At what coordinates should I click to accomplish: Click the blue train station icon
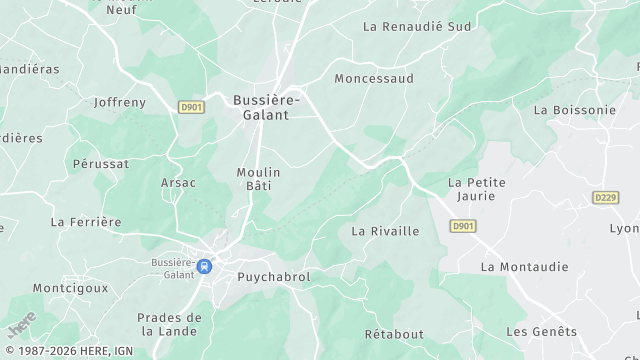tap(205, 266)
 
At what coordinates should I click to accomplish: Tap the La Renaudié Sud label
tap(417, 26)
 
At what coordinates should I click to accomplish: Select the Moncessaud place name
tap(374, 78)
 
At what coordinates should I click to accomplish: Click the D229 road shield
tap(605, 198)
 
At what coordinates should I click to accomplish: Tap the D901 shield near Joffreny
tap(191, 106)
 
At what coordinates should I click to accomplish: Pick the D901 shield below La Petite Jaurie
tap(462, 227)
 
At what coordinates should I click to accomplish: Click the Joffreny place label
tap(119, 102)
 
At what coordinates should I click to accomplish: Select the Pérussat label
tap(101, 162)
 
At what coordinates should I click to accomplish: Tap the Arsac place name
tap(178, 183)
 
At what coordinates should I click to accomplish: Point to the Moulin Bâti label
tap(258, 179)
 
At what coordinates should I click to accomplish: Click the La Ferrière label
tap(86, 222)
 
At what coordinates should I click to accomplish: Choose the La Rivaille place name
tap(385, 231)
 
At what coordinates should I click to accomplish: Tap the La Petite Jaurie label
tap(477, 190)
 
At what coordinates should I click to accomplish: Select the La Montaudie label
tap(524, 267)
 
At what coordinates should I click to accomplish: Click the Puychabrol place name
tap(273, 277)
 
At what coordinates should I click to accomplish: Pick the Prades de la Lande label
tap(169, 324)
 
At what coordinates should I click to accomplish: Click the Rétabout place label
tap(394, 334)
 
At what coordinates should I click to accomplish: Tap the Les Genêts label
tap(541, 332)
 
